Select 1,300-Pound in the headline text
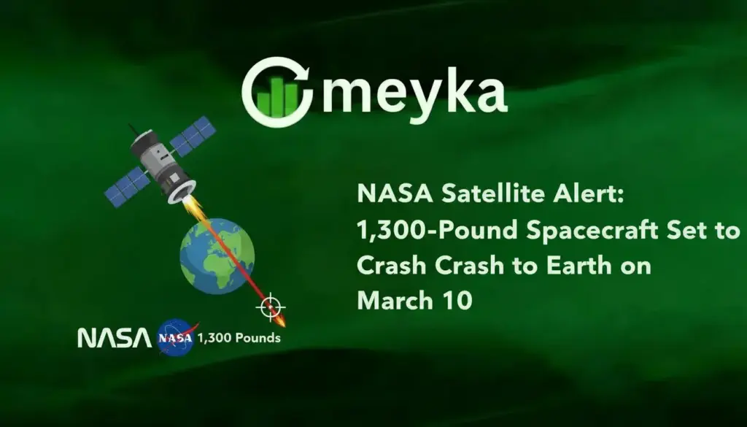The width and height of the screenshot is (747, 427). point(419,231)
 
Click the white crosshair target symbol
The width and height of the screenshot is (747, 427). point(270,307)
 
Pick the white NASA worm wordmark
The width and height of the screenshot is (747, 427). point(115,338)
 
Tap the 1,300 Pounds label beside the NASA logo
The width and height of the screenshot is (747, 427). point(238,339)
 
